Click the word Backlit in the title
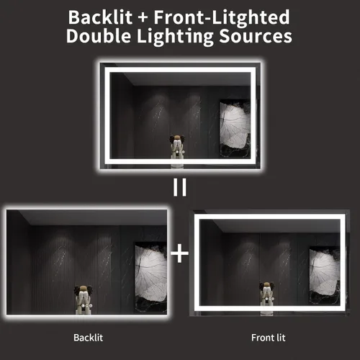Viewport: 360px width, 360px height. point(96,17)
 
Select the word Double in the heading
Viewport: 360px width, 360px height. point(98,37)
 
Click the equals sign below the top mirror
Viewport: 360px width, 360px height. point(179,188)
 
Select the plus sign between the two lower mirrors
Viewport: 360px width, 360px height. point(179,253)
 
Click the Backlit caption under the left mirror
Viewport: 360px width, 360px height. point(89,336)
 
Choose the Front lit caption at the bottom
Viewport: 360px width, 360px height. point(268,336)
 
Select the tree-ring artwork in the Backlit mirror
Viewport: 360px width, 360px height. point(150,270)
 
